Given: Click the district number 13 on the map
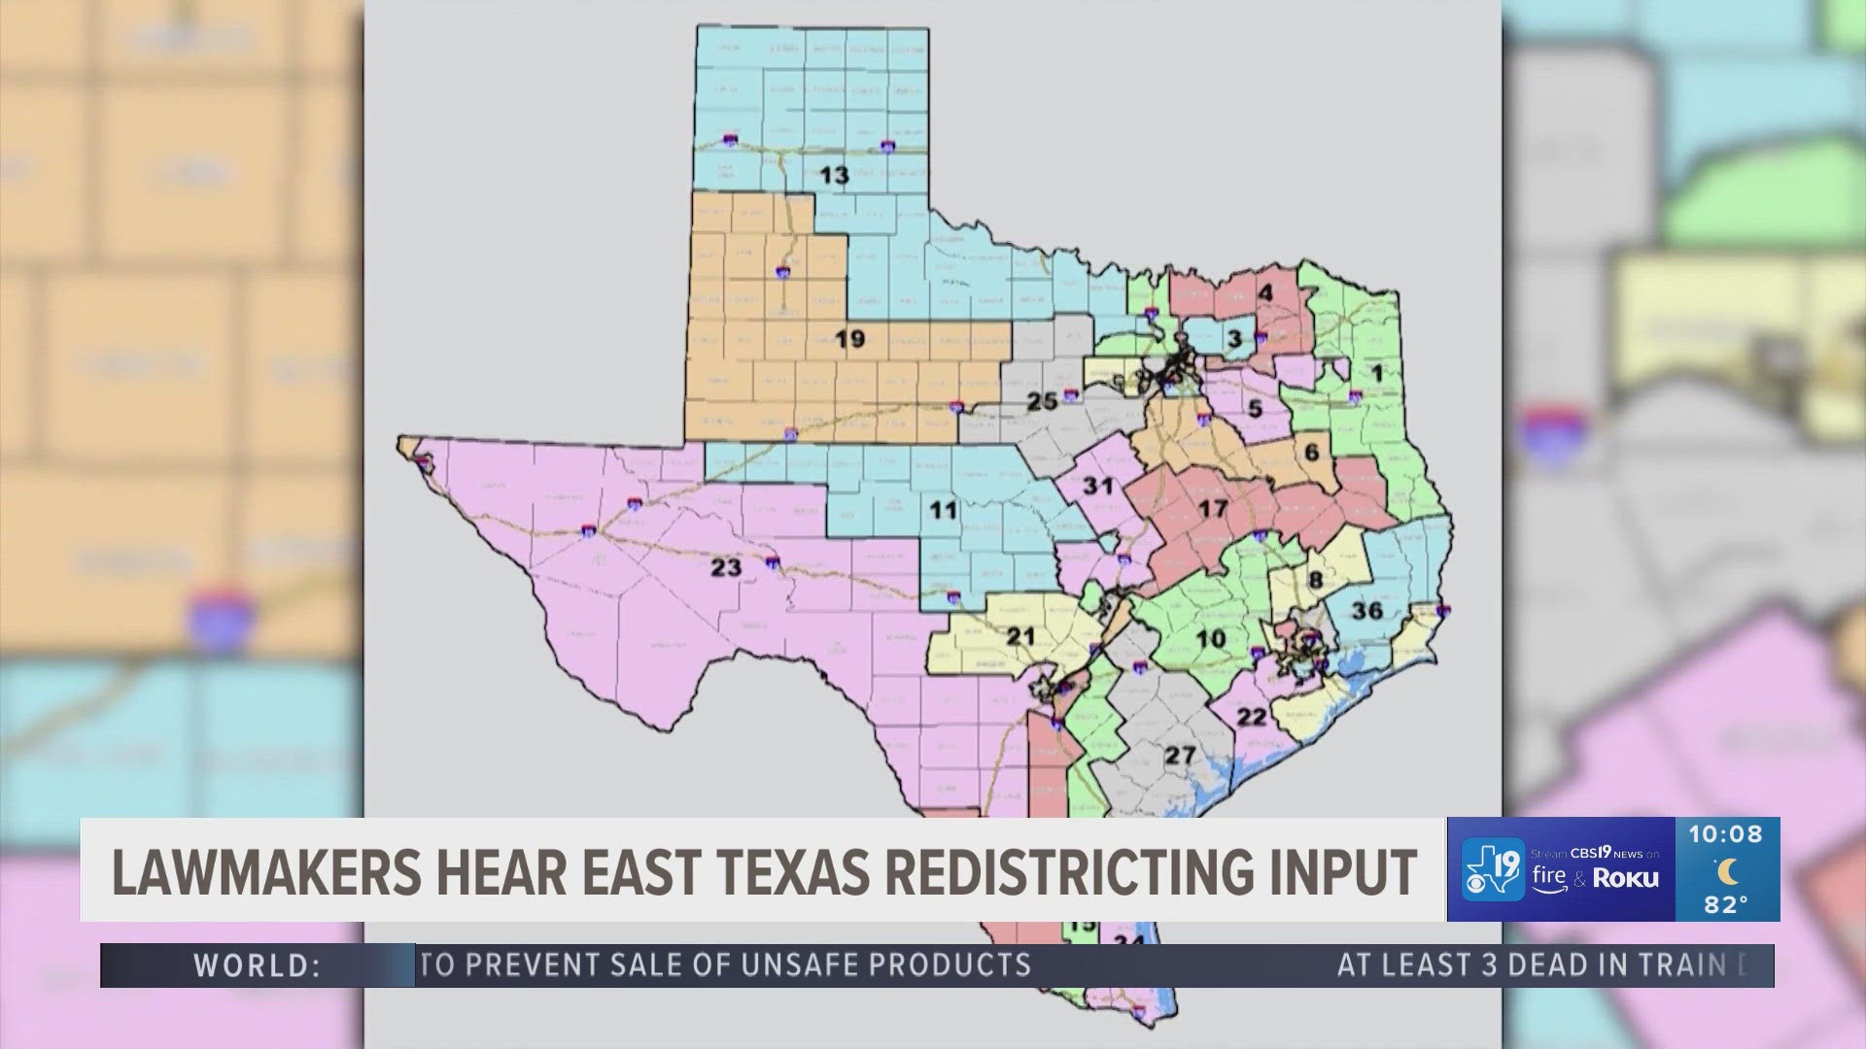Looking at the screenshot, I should pos(834,176).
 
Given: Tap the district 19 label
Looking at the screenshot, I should pos(849,339).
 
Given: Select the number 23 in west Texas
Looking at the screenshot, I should pos(726,567).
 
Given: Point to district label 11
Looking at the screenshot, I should pos(942,509).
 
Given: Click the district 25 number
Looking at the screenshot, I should pos(1042,401).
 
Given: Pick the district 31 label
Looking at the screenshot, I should pos(1097,485).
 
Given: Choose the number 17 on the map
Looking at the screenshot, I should pos(1212,508).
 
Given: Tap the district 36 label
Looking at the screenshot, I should pos(1366,610).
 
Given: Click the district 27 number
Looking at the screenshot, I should pos(1180,755).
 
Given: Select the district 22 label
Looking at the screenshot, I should pos(1252,717).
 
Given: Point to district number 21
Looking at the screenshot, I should pos(1020,636).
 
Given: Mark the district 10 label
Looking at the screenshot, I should pos(1210,639).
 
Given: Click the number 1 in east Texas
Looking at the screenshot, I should pos(1375,373).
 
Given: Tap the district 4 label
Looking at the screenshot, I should pos(1265,292).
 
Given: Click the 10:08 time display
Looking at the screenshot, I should pos(1725,834).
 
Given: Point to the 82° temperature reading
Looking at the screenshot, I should pos(1725,904).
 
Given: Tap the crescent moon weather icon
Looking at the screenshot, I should pos(1726,869).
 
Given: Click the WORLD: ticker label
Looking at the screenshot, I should pos(258,965).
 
